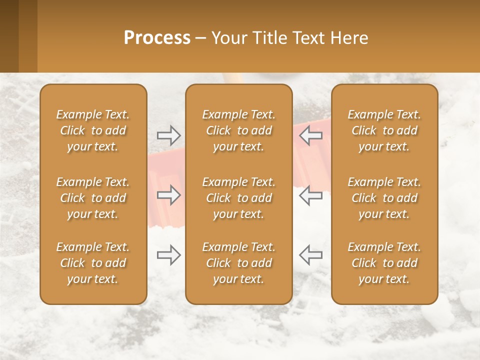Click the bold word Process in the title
point(157,38)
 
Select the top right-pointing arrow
point(169,135)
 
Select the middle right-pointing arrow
point(169,195)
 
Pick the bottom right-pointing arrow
point(169,255)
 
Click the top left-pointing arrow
point(310,135)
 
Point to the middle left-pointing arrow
point(310,195)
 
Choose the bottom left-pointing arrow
point(310,255)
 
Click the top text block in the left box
point(93,130)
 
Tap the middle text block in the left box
point(93,198)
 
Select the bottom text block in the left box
point(93,263)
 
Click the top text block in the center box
point(238,130)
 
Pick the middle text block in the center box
point(238,198)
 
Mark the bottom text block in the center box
point(238,263)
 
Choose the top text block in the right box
point(384,130)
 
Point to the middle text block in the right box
point(384,198)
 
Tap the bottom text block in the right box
point(384,263)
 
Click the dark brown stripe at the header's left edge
point(9,36)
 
